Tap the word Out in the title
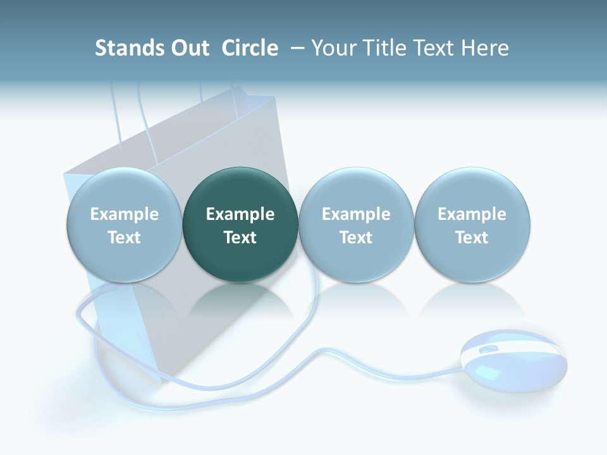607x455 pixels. (190, 48)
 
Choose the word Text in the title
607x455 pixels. (434, 48)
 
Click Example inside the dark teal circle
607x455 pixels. (240, 214)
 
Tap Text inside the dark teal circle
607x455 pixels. (240, 238)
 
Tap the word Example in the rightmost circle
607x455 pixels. (472, 214)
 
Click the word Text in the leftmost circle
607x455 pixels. (125, 238)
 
